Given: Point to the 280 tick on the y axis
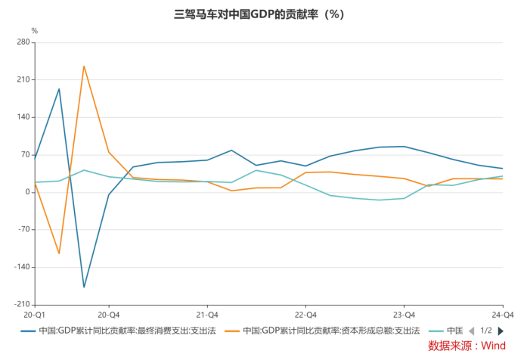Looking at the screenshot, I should click(x=23, y=42).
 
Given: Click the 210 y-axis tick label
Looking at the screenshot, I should click(x=23, y=79).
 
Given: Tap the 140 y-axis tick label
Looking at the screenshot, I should click(x=23, y=117).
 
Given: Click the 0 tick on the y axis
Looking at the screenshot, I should click(x=27, y=192).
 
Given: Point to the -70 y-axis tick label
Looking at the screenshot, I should click(x=23, y=229).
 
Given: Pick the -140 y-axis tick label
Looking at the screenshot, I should click(x=21, y=267).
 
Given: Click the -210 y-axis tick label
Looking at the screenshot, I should click(x=21, y=304).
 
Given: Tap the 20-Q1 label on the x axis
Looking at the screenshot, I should click(x=35, y=314).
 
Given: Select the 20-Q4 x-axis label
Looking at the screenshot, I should click(x=109, y=314).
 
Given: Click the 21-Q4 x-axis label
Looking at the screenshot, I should click(x=207, y=314).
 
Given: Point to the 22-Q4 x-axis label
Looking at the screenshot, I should click(x=305, y=314).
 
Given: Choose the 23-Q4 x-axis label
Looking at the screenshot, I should click(x=404, y=314).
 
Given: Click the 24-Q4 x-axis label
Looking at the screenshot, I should click(x=502, y=314).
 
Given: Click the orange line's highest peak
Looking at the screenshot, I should click(x=84, y=67).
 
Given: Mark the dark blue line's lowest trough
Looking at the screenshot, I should click(x=84, y=287).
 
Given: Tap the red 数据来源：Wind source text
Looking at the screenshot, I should click(x=467, y=346).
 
